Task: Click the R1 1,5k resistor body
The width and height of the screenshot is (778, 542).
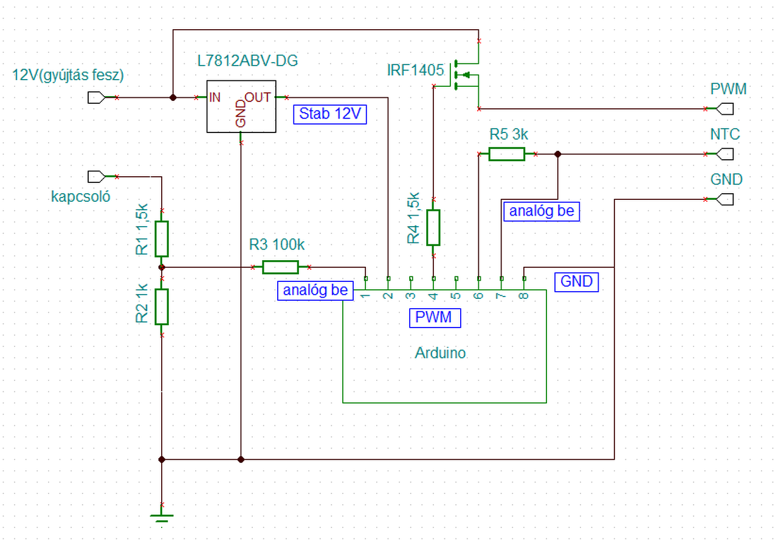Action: pos(162,239)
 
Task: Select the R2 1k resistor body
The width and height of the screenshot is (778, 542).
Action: pos(162,307)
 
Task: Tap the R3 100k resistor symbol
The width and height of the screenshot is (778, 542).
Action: pos(280,267)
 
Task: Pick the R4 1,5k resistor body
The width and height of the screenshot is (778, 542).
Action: pos(433,228)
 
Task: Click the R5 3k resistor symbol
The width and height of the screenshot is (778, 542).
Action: pos(507,154)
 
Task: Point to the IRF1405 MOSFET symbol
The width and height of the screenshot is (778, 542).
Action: pos(466,75)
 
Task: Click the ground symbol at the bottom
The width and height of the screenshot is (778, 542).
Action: pos(162,519)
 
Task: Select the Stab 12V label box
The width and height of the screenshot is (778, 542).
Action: pos(330,114)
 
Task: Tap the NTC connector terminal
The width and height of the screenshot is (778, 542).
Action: pos(725,154)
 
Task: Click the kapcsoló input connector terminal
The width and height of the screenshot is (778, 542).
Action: pos(97,177)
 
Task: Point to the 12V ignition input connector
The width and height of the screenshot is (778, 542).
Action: pos(97,98)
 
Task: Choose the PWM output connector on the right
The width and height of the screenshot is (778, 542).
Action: pos(725,109)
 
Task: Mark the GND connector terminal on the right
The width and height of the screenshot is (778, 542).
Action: pos(725,199)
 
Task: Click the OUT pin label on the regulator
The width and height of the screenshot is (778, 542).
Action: pos(258,98)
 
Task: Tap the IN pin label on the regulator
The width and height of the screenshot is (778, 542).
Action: pos(215,98)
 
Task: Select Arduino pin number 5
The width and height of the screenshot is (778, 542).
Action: pos(456,296)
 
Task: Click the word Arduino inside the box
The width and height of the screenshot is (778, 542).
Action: pos(440,353)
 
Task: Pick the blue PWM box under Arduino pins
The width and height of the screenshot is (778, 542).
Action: pos(435,318)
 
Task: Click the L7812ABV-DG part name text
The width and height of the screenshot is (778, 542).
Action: pos(247,61)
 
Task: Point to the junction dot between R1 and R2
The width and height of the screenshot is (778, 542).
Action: pos(162,267)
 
